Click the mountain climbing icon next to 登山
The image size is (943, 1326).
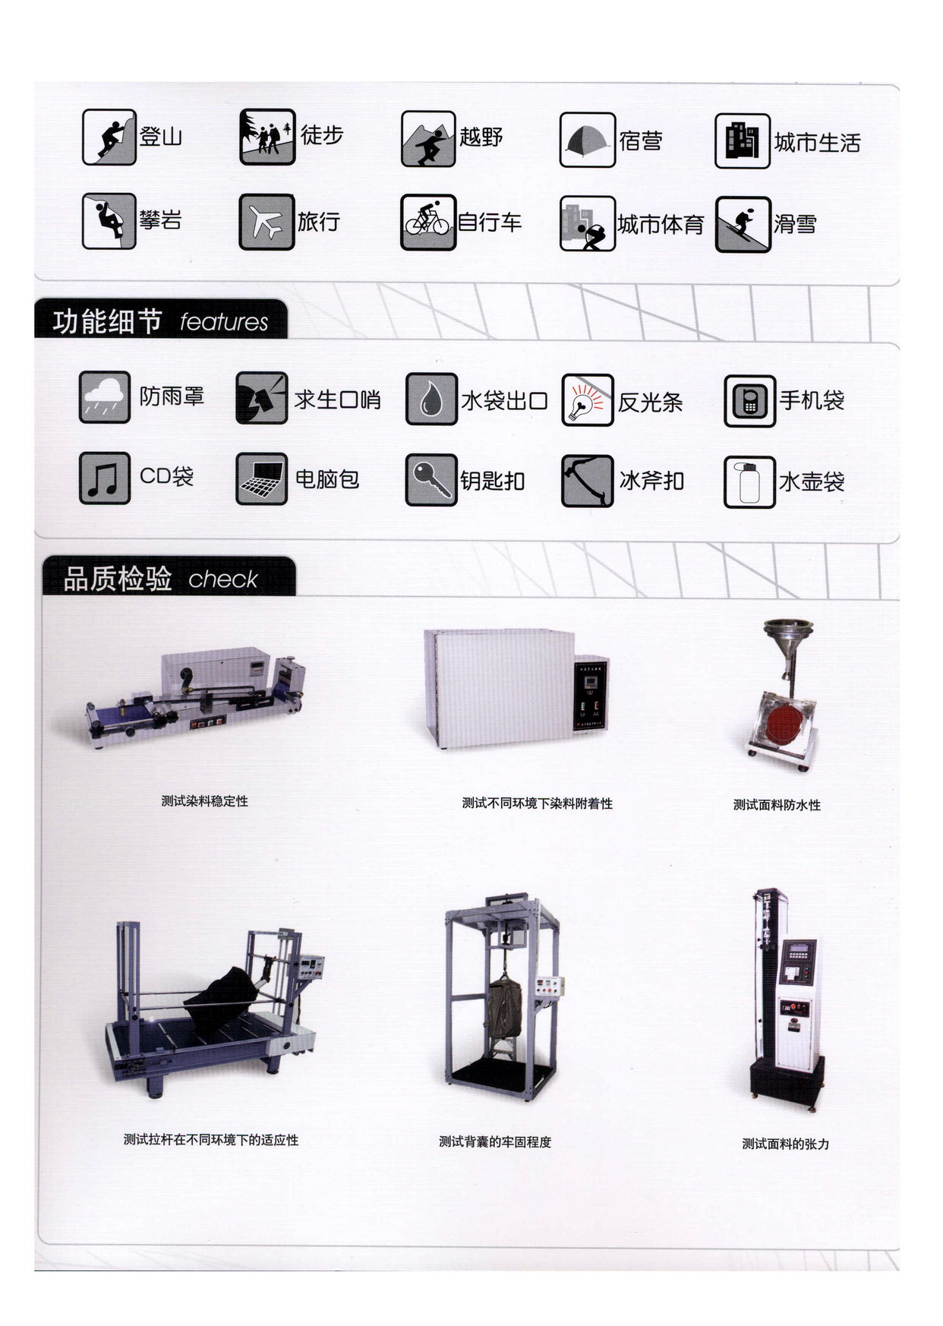[x=109, y=137]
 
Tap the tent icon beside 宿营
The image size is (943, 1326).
[x=587, y=140]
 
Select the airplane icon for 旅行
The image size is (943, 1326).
[x=266, y=222]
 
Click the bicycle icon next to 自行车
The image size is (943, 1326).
[x=428, y=222]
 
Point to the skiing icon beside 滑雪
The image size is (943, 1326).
[x=743, y=224]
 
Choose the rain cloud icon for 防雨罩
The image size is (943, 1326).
[x=105, y=396]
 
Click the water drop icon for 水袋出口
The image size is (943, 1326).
[x=431, y=399]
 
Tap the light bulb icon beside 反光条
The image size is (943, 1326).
[x=587, y=400]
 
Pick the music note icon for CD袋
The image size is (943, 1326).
[x=105, y=478]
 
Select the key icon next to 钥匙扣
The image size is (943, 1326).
[x=431, y=480]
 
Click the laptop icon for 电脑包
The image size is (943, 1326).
[x=262, y=478]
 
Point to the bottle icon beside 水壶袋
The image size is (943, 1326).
[x=749, y=481]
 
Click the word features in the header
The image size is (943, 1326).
[x=224, y=322]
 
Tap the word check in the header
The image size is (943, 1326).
[x=223, y=579]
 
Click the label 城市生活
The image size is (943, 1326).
[x=817, y=143]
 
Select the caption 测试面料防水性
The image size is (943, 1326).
[x=777, y=805]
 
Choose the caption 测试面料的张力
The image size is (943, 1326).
[x=785, y=1144]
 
